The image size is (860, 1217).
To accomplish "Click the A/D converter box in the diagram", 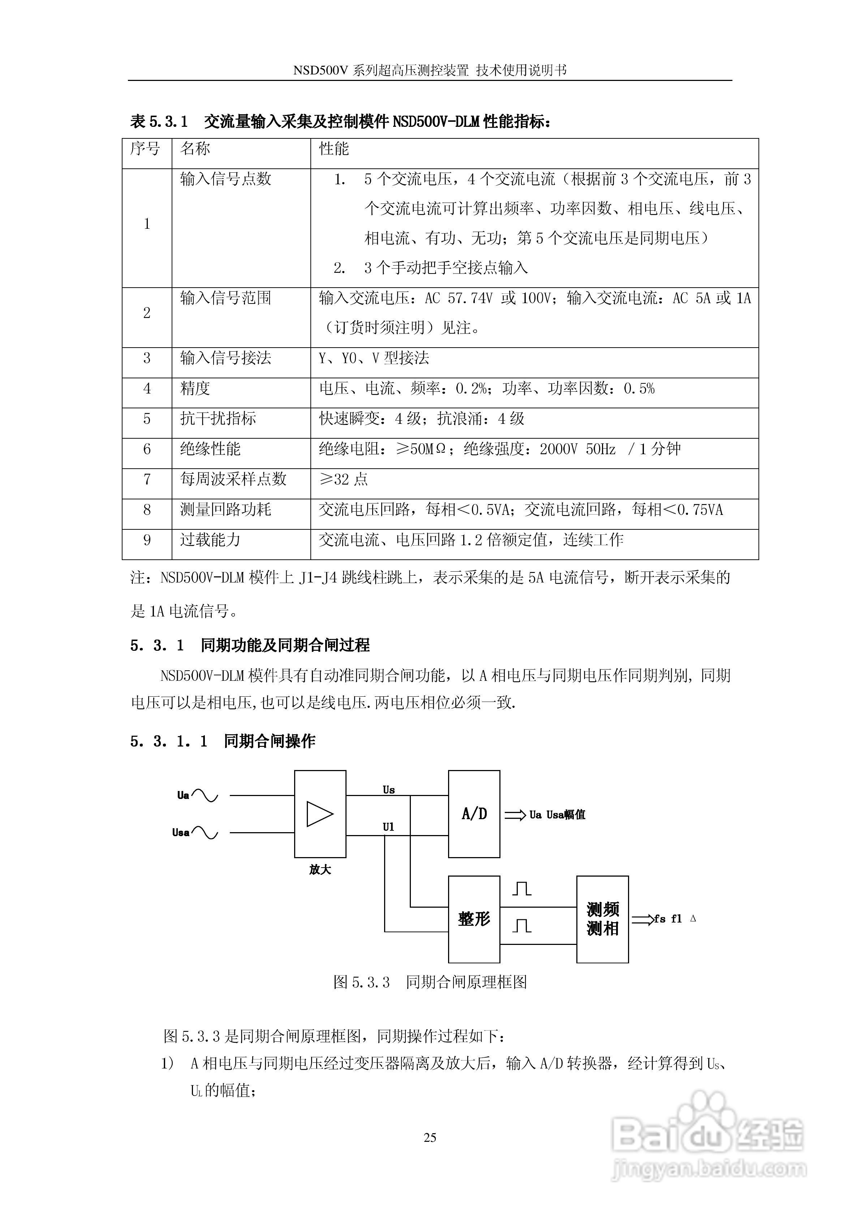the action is pos(474,814).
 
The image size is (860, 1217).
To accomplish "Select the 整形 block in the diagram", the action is pos(474,919).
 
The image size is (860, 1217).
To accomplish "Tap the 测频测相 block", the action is pos(602,919).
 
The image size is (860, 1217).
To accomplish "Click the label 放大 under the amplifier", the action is pos(320,870).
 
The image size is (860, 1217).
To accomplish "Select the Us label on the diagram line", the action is pos(389,790).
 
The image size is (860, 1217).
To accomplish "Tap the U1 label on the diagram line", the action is pos(389,827).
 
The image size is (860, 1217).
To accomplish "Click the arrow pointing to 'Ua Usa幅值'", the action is pos(515,815).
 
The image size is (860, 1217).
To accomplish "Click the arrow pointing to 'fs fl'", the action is pos(642,920).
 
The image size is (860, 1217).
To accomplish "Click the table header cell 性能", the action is pos(334,149).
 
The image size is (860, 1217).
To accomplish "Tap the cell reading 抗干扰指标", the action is pos(218,419).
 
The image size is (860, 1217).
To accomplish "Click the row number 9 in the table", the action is pos(147,540).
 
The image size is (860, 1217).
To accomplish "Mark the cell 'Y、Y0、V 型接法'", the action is pos(374,358).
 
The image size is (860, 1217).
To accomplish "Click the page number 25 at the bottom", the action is pos(430,1138).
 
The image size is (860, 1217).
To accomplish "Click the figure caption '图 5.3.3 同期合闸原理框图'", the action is pos(430,982).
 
